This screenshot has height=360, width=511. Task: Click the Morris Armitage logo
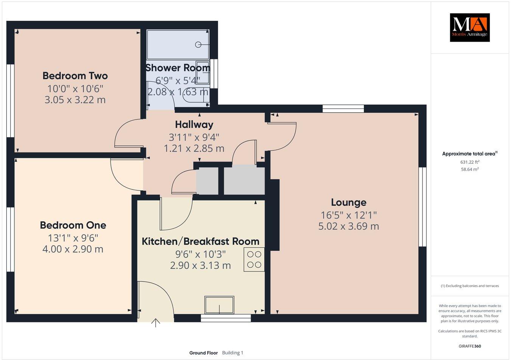469,27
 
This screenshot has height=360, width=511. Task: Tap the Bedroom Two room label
75,76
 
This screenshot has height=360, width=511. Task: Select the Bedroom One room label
73,225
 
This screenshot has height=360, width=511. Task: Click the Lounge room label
349,203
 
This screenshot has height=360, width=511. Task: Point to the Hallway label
194,124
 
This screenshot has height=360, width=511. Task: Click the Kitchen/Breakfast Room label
200,241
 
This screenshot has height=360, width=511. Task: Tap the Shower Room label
178,68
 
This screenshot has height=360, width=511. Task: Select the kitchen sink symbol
219,305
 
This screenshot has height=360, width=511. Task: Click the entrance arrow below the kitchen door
156,323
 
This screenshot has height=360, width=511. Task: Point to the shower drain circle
198,45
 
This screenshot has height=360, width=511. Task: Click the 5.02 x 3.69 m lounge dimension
349,227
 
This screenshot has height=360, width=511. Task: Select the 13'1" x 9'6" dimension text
73,237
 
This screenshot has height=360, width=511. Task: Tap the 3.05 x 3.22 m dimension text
75,100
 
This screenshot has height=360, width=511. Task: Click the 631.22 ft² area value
469,162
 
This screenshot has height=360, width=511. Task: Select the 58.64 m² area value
469,169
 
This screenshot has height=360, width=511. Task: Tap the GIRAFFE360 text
469,346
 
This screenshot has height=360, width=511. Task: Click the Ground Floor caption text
203,353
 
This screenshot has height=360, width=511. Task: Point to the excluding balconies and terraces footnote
469,286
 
